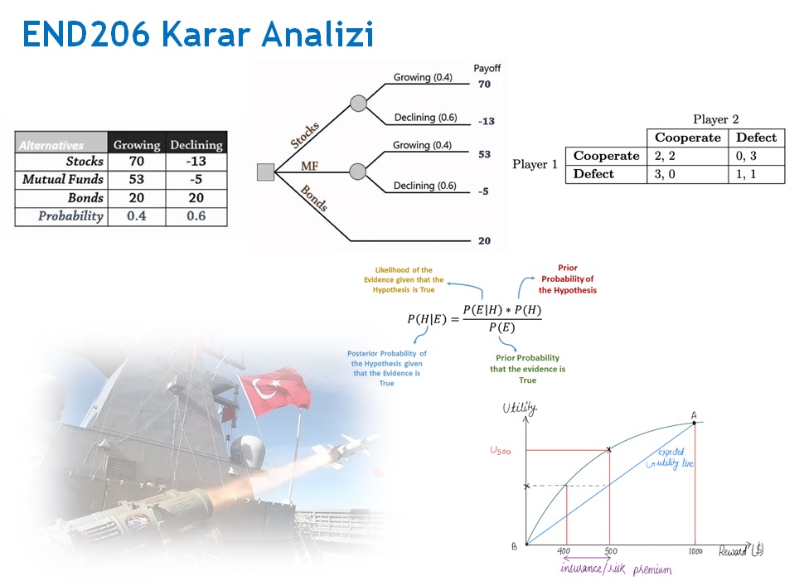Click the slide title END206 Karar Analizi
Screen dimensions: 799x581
point(198,34)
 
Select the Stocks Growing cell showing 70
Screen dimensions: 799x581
point(137,161)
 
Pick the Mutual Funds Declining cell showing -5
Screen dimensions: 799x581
point(196,179)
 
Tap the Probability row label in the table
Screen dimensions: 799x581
point(70,216)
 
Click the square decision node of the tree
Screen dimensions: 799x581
point(265,172)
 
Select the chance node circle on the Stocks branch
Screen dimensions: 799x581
point(358,103)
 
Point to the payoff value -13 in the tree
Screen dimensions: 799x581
point(487,121)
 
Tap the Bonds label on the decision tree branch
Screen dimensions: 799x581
point(314,198)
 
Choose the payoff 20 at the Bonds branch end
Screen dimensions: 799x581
point(484,240)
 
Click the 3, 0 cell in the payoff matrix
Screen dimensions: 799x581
point(665,174)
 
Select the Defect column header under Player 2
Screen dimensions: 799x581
point(756,138)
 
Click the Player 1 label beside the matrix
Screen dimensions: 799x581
point(535,165)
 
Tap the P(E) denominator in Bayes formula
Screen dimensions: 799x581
point(502,327)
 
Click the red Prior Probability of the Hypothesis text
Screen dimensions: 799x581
point(568,278)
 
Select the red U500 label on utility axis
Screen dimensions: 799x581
point(500,451)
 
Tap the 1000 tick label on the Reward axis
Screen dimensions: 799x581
point(695,551)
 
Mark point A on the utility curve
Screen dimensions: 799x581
point(694,423)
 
